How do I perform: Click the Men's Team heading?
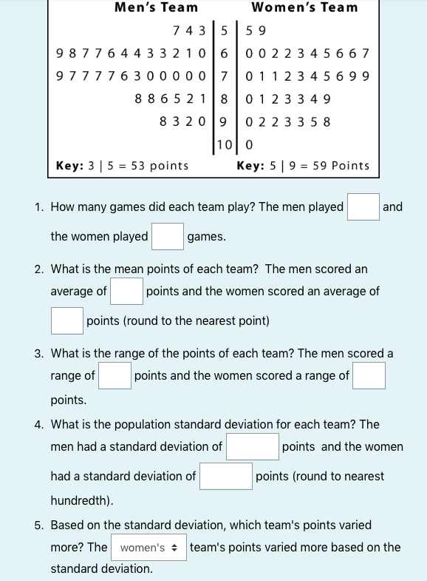tap(157, 8)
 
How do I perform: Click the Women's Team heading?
tap(304, 8)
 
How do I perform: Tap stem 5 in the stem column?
tap(223, 31)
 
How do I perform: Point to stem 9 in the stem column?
tap(223, 121)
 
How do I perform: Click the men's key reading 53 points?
tap(123, 166)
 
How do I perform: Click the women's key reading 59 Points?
tap(303, 166)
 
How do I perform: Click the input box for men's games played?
tap(363, 206)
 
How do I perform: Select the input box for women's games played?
tap(168, 237)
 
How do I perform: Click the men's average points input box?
tap(126, 291)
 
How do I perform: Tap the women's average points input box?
tap(66, 321)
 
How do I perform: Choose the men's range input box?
tap(115, 375)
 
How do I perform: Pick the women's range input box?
tap(369, 375)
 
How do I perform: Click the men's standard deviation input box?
tap(252, 446)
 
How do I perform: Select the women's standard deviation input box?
tap(226, 476)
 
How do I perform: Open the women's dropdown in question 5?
tap(148, 548)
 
